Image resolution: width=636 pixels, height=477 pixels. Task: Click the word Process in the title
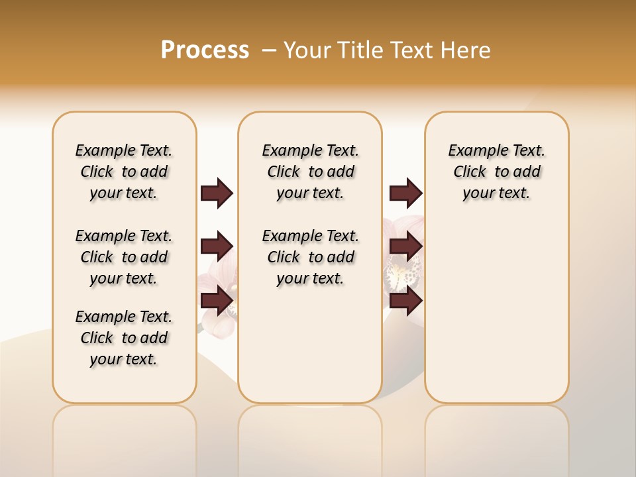[x=205, y=50]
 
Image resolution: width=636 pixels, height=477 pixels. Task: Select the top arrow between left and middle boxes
[x=217, y=193]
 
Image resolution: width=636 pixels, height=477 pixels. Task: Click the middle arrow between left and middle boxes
[x=217, y=246]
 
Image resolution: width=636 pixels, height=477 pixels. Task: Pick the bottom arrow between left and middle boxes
[x=217, y=300]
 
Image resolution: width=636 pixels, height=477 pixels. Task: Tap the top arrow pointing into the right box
[x=405, y=193]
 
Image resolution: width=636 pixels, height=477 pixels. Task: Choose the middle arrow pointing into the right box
[x=405, y=246]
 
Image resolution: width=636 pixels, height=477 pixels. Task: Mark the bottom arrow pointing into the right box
[x=405, y=300]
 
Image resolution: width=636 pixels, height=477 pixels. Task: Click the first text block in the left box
[x=124, y=172]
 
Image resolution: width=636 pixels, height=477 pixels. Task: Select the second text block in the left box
[x=124, y=257]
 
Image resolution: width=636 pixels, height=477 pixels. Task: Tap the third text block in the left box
[x=124, y=338]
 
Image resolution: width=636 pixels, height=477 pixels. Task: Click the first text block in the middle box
[x=310, y=172]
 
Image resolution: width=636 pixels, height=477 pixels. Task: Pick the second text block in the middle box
[x=310, y=257]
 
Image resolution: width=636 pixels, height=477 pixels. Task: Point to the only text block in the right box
[x=496, y=172]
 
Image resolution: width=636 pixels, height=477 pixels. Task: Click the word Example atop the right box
[x=472, y=150]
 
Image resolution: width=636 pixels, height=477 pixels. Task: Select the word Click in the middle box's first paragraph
[x=284, y=172]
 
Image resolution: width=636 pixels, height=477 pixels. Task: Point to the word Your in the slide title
[x=307, y=50]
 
